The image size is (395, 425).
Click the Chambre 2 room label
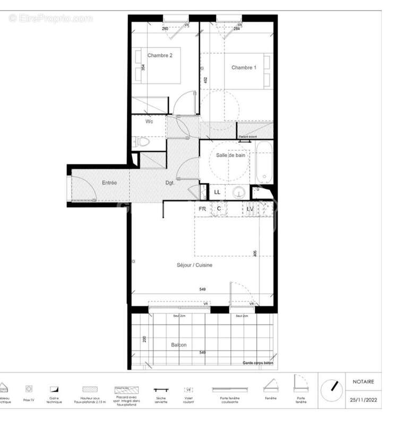[x=160, y=56]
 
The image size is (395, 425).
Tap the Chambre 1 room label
[x=244, y=67]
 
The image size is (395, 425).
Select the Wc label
[x=150, y=122]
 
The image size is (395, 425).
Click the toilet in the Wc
[x=142, y=142]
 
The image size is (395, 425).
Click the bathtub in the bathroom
[x=263, y=161]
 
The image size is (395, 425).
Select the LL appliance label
[x=217, y=192]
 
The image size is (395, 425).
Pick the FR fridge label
[x=202, y=209]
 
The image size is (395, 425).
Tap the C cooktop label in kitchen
[x=219, y=209]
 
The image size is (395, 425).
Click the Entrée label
[x=109, y=183]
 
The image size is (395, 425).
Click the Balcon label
[x=178, y=345]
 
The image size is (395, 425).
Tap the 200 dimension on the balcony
[x=144, y=340]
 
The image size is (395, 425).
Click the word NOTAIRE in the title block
[x=363, y=381]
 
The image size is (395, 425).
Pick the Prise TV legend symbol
[x=29, y=389]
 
